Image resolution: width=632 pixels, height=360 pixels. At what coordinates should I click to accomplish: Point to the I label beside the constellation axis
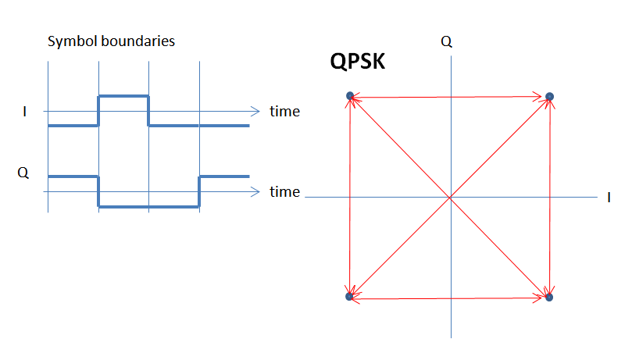click(609, 198)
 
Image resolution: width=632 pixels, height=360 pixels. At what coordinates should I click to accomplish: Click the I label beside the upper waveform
click(24, 112)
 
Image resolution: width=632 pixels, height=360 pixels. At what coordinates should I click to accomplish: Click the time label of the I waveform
click(284, 112)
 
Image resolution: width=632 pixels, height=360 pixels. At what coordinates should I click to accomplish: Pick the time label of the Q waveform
click(284, 192)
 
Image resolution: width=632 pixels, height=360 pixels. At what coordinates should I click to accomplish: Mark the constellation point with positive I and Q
click(549, 96)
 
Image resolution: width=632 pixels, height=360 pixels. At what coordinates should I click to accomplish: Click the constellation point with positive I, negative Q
click(549, 297)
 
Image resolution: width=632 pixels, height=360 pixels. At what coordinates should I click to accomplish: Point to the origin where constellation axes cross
click(450, 198)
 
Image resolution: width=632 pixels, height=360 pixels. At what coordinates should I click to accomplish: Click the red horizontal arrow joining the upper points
click(450, 97)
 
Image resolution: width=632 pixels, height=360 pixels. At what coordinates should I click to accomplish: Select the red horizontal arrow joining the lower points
click(450, 298)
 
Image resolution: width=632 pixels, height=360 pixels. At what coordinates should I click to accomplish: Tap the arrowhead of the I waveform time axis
click(255, 111)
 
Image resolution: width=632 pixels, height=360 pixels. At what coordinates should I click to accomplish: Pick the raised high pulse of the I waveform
click(123, 95)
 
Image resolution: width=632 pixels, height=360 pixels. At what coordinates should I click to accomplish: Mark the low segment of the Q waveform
click(148, 207)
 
